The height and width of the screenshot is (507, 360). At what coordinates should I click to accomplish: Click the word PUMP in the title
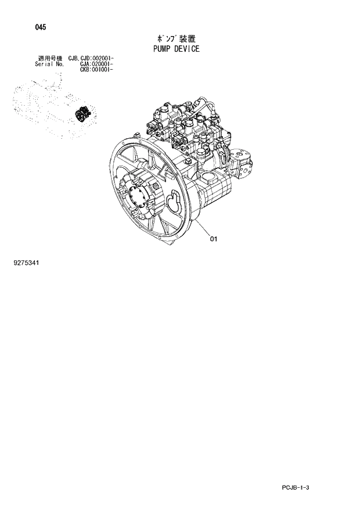click(x=160, y=49)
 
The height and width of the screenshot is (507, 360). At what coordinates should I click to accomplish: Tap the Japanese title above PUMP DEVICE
click(x=173, y=38)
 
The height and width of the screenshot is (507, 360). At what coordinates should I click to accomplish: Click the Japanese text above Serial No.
click(x=49, y=59)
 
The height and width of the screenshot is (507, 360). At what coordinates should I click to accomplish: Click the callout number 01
click(x=213, y=238)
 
